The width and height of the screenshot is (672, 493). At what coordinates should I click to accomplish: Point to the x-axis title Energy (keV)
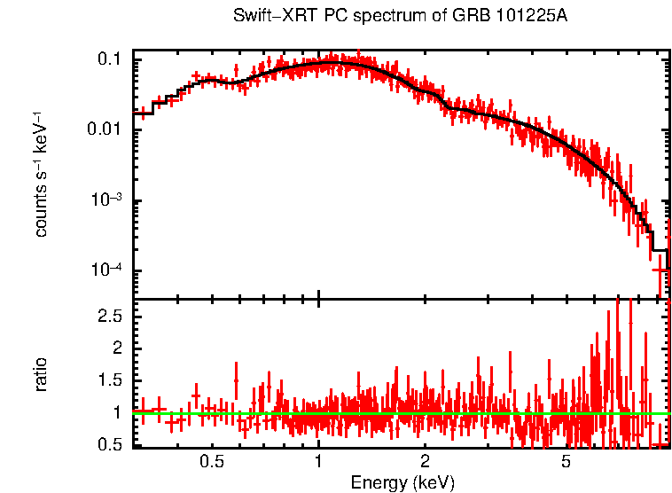coord(402,482)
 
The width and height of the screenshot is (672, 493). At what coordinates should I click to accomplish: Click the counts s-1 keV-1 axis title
coord(41,175)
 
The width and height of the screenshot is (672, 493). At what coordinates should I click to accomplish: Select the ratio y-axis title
coord(41,374)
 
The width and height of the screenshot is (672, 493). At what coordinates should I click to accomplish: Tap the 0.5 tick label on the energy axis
coord(211,462)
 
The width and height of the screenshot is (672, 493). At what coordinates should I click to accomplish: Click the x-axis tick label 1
coord(318,462)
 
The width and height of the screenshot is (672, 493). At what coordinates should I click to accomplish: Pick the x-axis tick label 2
coord(425,462)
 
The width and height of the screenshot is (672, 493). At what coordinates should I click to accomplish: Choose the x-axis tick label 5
coord(567,462)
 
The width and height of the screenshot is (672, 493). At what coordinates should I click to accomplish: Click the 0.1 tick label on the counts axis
coord(109,60)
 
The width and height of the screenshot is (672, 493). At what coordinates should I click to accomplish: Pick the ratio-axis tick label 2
coord(116,348)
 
